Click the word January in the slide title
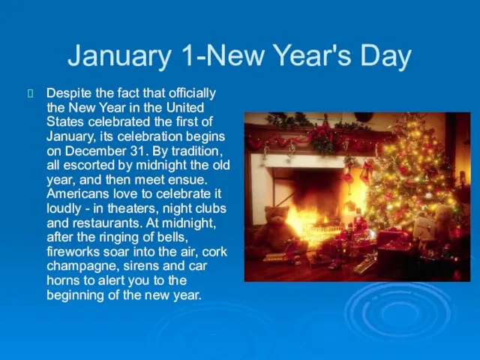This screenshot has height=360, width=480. coord(119,55)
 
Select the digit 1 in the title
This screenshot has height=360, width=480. coord(187,55)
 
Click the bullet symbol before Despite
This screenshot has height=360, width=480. coord(30,93)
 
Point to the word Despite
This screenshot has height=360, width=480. coord(69,93)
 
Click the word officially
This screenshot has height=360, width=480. coord(192,93)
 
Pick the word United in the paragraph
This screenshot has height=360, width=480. coord(185,107)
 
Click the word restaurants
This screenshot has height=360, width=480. coord(107,223)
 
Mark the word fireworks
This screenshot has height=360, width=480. coord(73,252)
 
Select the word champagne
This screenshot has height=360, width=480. coord(82,266)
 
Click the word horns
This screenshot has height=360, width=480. coord(62,280)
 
